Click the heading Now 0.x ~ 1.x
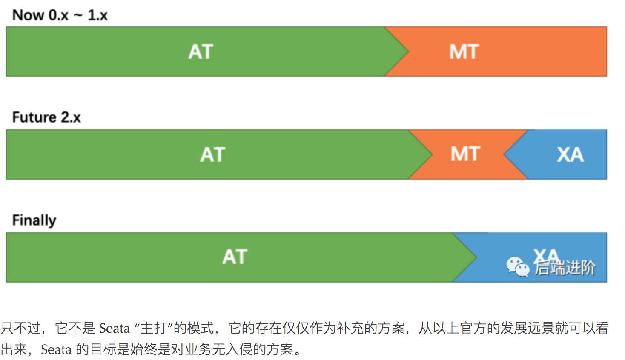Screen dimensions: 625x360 pos(60,15)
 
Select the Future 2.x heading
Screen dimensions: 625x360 pos(46,117)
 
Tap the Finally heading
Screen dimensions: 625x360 pos(34,220)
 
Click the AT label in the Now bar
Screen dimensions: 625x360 pos(201,52)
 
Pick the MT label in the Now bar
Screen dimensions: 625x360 pos(464,52)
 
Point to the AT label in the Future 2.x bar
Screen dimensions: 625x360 pos(212,154)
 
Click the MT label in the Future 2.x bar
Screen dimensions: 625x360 pos(465,154)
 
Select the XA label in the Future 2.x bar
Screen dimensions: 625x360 pos(570,154)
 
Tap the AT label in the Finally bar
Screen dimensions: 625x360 pos(235,257)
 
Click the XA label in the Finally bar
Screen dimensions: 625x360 pos(546,254)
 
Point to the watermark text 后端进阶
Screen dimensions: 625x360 pos(565,268)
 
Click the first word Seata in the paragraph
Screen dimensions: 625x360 pos(114,329)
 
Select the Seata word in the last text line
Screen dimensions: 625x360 pos(56,350)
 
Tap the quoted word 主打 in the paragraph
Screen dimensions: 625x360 pos(153,329)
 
